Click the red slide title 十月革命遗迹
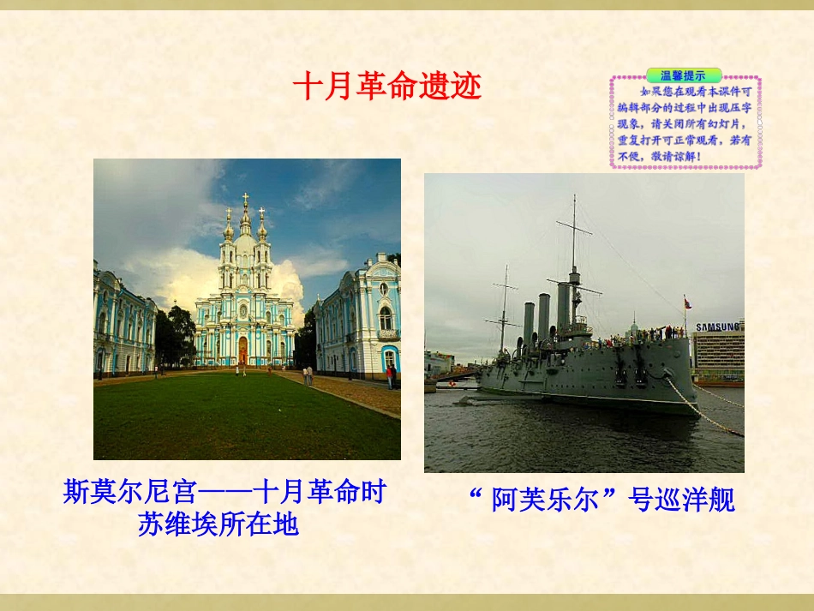(387, 87)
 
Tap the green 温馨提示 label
(683, 75)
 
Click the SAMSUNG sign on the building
(719, 326)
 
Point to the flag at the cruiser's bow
(685, 303)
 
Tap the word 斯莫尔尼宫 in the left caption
(130, 493)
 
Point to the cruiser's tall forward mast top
(574, 201)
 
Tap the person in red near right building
(389, 374)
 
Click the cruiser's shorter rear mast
(505, 308)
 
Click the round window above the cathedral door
(243, 309)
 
